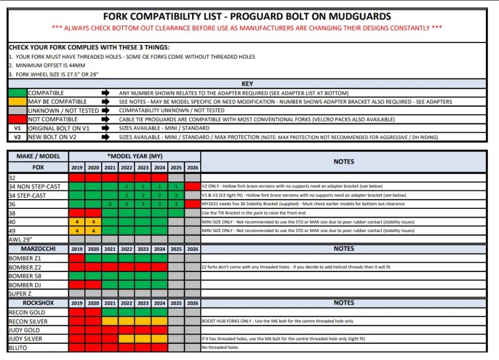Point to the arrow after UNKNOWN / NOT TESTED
click(105, 110)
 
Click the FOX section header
click(37, 168)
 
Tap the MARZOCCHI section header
click(37, 248)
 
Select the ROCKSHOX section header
click(37, 303)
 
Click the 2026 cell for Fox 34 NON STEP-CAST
click(192, 186)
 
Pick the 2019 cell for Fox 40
click(77, 221)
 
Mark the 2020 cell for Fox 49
click(94, 230)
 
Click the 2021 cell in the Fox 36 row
click(110, 203)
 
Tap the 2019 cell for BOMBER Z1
click(77, 258)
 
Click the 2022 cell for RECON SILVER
click(127, 321)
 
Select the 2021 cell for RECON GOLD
click(110, 312)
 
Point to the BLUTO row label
click(18, 348)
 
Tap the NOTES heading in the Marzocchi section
click(344, 248)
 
